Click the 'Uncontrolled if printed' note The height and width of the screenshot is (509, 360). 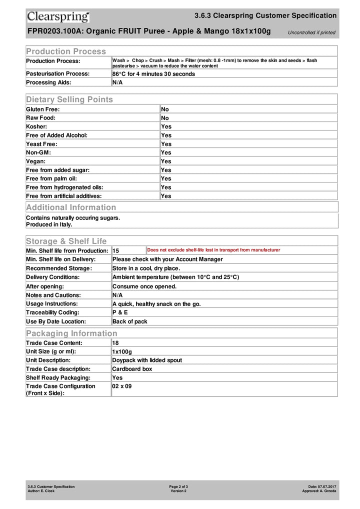[x=311, y=33]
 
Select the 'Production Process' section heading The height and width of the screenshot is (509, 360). [x=66, y=51]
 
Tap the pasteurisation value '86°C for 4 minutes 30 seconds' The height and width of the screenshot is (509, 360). [x=153, y=74]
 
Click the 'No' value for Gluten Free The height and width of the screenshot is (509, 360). [x=165, y=109]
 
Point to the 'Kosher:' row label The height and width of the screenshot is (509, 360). [x=37, y=126]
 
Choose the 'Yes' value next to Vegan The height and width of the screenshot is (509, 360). [x=166, y=161]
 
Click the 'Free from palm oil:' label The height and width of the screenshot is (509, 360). [x=51, y=178]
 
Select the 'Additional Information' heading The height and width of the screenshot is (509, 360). [x=71, y=207]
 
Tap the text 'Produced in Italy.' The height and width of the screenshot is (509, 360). [x=49, y=224]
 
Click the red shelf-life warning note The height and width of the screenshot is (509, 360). [x=213, y=250]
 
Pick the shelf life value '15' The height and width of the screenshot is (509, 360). [x=116, y=250]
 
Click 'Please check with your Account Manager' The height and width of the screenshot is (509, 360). [x=167, y=259]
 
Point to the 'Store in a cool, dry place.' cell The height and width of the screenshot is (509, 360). [x=146, y=268]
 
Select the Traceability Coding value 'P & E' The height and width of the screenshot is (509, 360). [x=120, y=312]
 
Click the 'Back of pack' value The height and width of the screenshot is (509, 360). [x=129, y=321]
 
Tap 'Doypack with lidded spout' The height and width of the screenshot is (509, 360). [x=147, y=360]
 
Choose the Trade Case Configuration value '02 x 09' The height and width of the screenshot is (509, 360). [x=122, y=386]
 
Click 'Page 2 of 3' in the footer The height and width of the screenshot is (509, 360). [x=178, y=486]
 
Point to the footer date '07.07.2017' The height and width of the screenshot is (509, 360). [x=327, y=486]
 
